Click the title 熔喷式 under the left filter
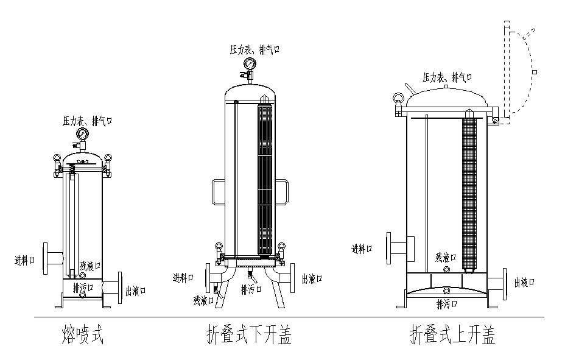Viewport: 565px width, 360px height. pyautogui.click(x=83, y=334)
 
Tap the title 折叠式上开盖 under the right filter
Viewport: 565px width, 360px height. pyautogui.click(x=452, y=334)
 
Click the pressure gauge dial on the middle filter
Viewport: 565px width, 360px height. pyautogui.click(x=249, y=64)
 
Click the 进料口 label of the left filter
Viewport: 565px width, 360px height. pyautogui.click(x=24, y=260)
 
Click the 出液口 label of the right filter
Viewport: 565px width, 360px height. pyautogui.click(x=525, y=282)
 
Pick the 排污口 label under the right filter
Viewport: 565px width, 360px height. pyautogui.click(x=447, y=303)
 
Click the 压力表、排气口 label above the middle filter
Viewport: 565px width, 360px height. pyautogui.click(x=254, y=49)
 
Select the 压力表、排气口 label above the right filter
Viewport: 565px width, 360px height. pyautogui.click(x=447, y=77)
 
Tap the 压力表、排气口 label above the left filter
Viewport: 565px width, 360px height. pyautogui.click(x=88, y=121)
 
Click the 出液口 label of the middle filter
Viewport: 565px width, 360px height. pyautogui.click(x=312, y=279)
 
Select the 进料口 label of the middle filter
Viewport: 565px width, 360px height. pyautogui.click(x=183, y=278)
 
